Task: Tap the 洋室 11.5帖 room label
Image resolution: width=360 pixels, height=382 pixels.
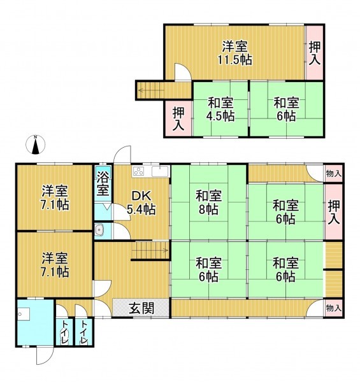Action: [236, 53]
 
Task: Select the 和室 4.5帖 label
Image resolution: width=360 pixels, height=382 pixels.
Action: [220, 109]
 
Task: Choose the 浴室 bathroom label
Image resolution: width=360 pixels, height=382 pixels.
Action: [103, 184]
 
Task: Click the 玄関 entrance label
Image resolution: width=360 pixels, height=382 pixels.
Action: [141, 308]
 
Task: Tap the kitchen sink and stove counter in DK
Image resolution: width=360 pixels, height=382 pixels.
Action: [150, 171]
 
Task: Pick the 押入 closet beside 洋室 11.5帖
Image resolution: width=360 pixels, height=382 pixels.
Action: [315, 53]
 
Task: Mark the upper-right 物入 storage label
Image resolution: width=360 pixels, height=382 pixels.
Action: [333, 173]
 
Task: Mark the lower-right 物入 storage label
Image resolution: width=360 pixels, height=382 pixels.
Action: [333, 308]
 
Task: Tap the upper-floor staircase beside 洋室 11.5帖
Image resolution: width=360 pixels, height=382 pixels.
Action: [151, 91]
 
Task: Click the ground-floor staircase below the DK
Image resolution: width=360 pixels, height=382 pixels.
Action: [150, 253]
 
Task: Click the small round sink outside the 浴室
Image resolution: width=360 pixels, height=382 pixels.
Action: [99, 230]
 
